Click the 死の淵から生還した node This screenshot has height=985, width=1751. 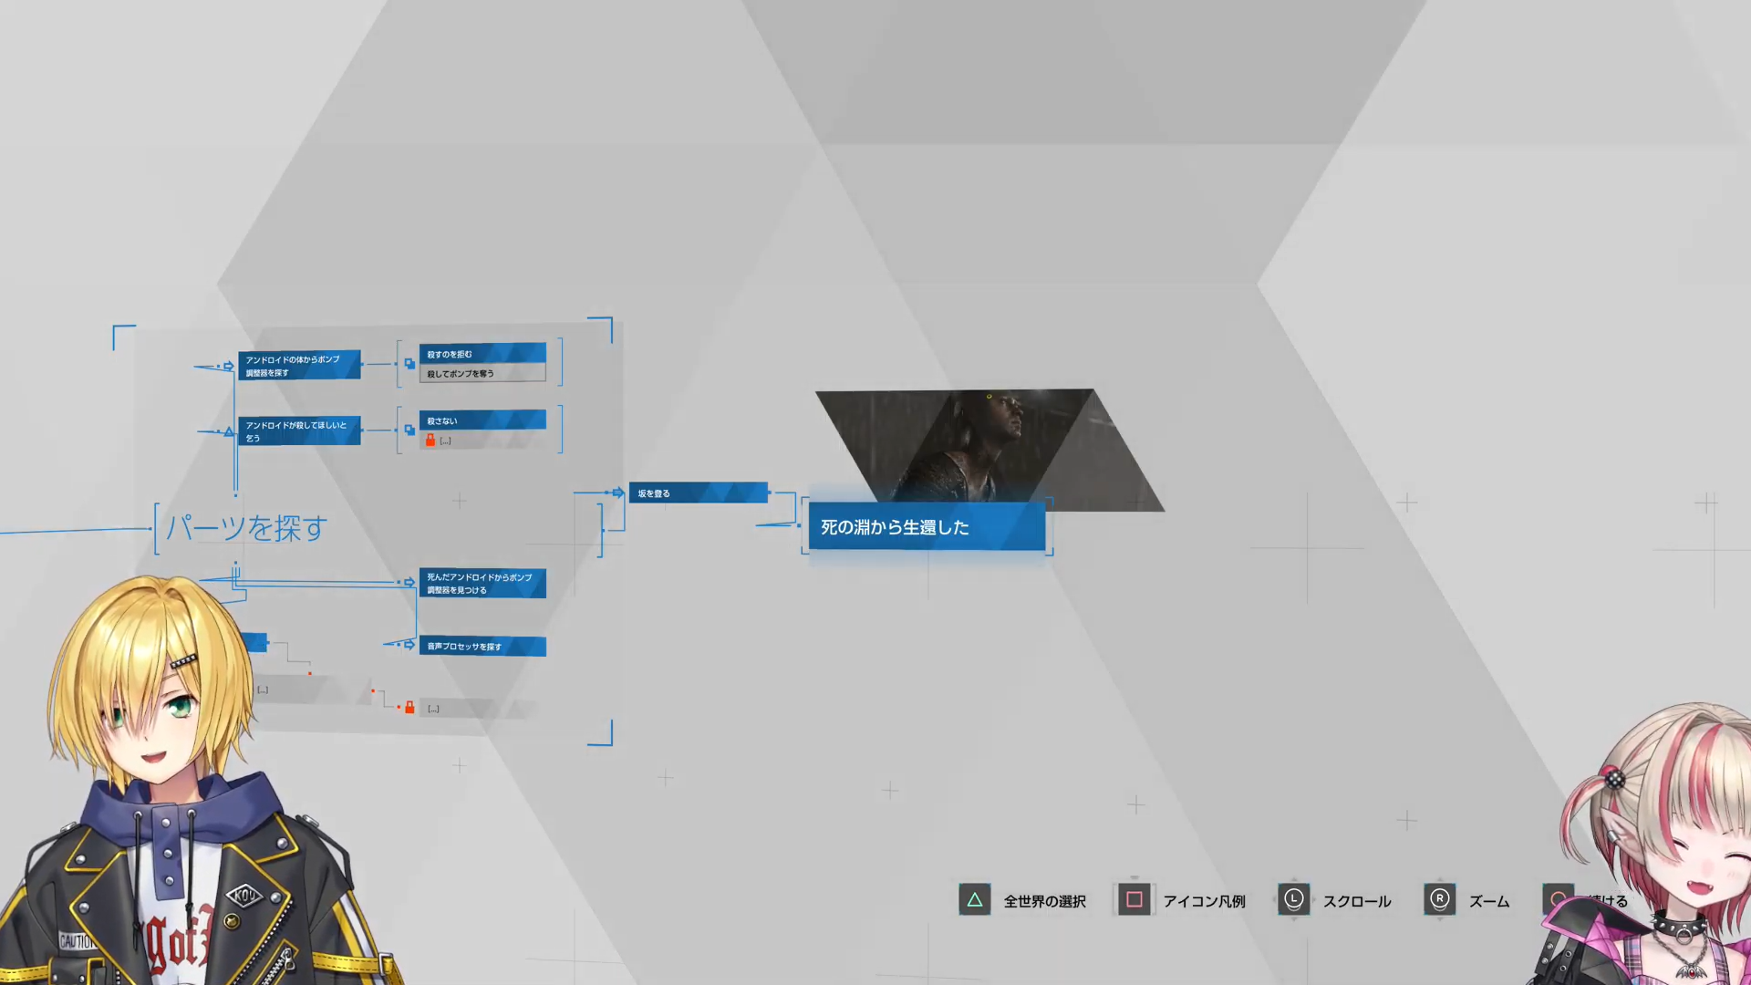(x=926, y=527)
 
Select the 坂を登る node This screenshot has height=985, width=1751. (x=698, y=493)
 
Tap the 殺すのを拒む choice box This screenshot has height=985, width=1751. (x=482, y=354)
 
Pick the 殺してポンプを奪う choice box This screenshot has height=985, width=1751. (x=482, y=373)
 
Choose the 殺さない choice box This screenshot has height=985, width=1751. (x=482, y=420)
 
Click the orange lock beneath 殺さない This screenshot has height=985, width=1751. (x=430, y=441)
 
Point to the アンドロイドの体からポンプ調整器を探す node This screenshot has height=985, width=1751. (x=299, y=366)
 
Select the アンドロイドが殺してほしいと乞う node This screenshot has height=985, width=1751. (x=299, y=431)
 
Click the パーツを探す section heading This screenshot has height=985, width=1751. (x=246, y=528)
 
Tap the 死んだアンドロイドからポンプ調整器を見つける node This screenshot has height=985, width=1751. (x=482, y=584)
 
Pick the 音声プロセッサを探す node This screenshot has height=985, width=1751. (x=482, y=647)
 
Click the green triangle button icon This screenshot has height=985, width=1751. (x=974, y=900)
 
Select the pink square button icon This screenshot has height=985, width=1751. (x=1134, y=900)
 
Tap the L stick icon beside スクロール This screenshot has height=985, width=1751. (x=1293, y=900)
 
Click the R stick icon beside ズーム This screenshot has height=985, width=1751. (x=1439, y=900)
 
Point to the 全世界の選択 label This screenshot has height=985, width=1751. (x=1044, y=901)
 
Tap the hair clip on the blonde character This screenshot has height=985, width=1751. (x=183, y=661)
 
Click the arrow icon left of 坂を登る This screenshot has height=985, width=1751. (x=617, y=493)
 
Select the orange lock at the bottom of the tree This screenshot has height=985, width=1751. (x=409, y=708)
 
